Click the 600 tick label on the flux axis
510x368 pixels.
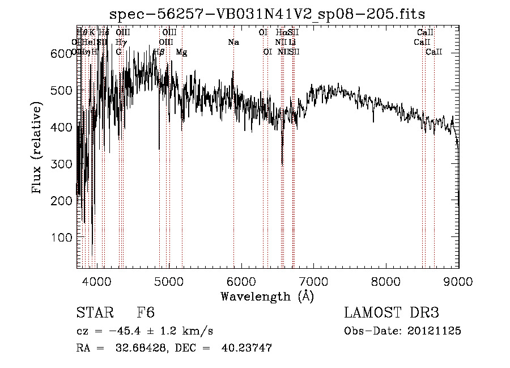click(58, 54)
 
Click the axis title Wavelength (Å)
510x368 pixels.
click(267, 296)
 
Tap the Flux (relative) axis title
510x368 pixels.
click(37, 149)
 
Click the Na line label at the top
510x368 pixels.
click(233, 43)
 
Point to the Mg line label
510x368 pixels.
click(181, 52)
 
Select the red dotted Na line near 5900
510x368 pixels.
click(233, 170)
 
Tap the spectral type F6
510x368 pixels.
click(146, 314)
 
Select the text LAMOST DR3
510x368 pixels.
click(391, 314)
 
